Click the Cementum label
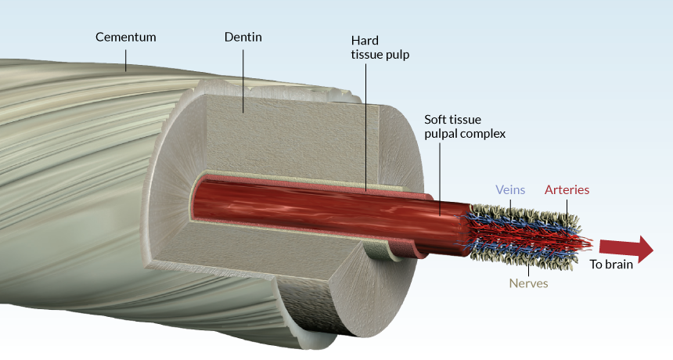click(126, 37)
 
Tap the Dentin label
click(242, 37)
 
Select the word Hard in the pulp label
click(365, 41)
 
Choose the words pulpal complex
click(465, 134)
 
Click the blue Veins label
click(510, 189)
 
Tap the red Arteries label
click(567, 189)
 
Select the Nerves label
click(529, 283)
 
